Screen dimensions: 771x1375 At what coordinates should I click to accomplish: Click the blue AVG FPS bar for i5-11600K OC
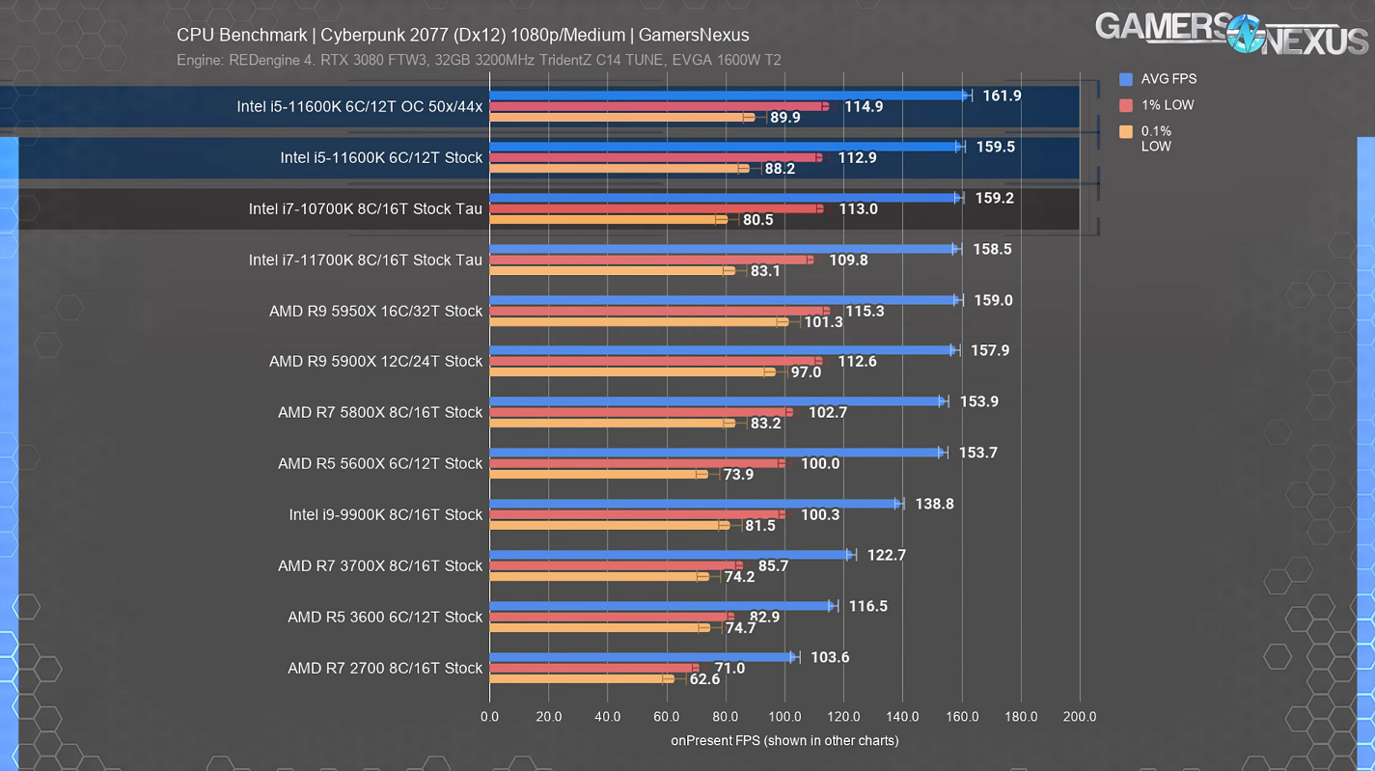pos(729,96)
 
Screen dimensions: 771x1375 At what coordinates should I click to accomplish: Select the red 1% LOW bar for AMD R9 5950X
pos(659,311)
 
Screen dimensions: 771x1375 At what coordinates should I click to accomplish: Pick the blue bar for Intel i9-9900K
pos(696,504)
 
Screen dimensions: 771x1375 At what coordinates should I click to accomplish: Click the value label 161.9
pos(1002,96)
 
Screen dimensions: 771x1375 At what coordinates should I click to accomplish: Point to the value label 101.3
pos(823,322)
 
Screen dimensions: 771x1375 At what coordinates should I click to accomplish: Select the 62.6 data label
pos(704,679)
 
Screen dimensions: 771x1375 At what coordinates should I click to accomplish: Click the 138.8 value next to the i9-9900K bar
pos(934,504)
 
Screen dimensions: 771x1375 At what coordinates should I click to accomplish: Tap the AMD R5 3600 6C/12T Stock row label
pos(385,617)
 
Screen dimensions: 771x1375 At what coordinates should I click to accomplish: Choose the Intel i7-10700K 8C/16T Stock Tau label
pos(365,208)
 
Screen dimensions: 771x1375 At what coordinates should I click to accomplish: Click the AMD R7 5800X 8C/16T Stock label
pos(380,412)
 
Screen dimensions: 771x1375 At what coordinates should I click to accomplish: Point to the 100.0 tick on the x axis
pos(784,717)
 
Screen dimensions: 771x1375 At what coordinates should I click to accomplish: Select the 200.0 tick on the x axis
pos(1080,717)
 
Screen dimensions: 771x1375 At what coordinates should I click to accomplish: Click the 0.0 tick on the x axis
pos(489,717)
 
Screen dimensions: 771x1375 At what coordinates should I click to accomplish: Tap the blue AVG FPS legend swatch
pos(1126,79)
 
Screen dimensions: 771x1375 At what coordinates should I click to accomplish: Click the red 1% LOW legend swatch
pos(1126,105)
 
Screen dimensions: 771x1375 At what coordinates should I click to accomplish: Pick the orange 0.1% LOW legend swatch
pos(1126,131)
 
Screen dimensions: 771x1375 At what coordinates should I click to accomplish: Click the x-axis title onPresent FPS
pos(784,741)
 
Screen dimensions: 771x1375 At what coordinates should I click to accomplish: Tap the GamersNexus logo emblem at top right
pos(1246,34)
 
